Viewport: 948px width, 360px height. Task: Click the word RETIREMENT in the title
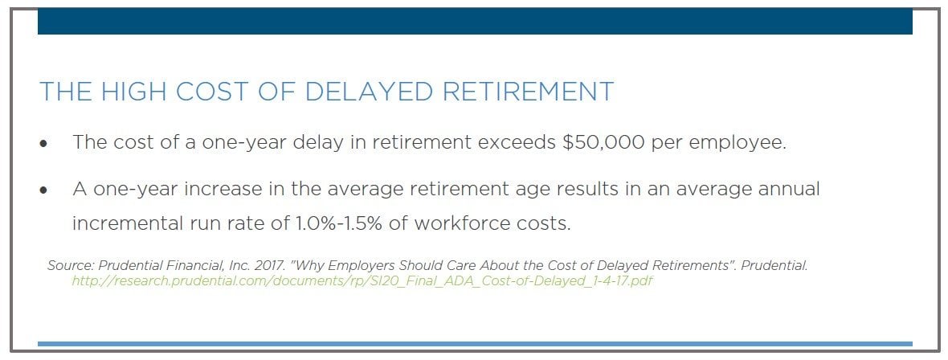coord(529,92)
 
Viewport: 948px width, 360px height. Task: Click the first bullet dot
coord(43,145)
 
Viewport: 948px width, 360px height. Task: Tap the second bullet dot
coord(43,190)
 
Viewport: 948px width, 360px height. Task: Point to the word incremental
coord(127,223)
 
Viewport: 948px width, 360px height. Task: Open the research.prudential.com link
coord(363,281)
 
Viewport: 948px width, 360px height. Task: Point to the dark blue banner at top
coord(475,22)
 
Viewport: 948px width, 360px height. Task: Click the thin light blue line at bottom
coord(475,344)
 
